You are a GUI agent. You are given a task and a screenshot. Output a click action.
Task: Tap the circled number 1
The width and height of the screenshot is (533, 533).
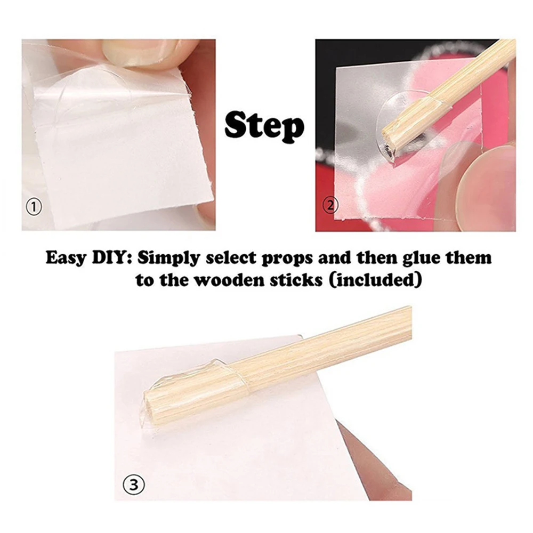click(34, 207)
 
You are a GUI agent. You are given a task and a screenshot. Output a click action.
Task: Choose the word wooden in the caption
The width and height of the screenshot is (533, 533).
click(227, 280)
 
